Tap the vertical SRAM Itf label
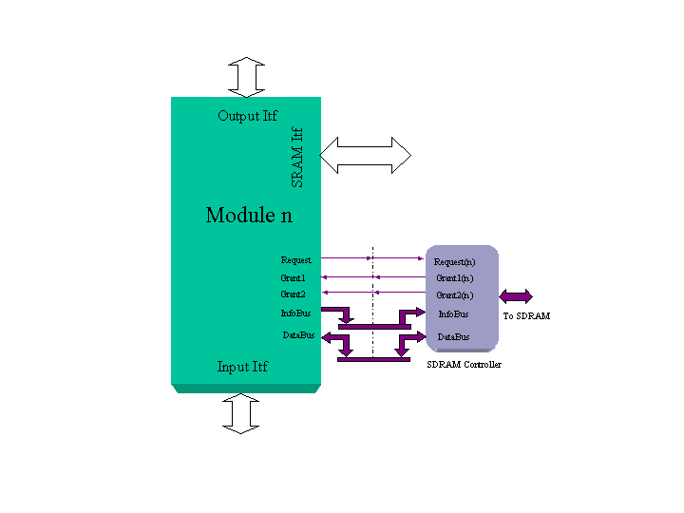pyautogui.click(x=296, y=156)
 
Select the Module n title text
pyautogui.click(x=249, y=215)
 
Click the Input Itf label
pyautogui.click(x=241, y=367)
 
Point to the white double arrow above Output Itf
pyautogui.click(x=246, y=77)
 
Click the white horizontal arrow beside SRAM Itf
pyautogui.click(x=366, y=155)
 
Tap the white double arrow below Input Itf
pyautogui.click(x=241, y=413)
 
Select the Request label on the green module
pyautogui.click(x=295, y=259)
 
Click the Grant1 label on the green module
pyautogui.click(x=293, y=277)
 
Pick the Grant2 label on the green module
pyautogui.click(x=293, y=294)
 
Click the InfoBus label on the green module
pyautogui.click(x=295, y=313)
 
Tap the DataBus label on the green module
pyautogui.click(x=298, y=334)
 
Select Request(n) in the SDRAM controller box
pyautogui.click(x=454, y=261)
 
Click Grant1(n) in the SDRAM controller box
pyautogui.click(x=454, y=278)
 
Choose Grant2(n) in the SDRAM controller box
pyautogui.click(x=454, y=295)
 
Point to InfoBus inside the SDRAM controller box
pyautogui.click(x=453, y=313)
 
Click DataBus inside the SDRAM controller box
pyautogui.click(x=453, y=336)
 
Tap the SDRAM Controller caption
pyautogui.click(x=465, y=365)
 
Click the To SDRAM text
pyautogui.click(x=526, y=315)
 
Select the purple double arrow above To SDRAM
pyautogui.click(x=517, y=296)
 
